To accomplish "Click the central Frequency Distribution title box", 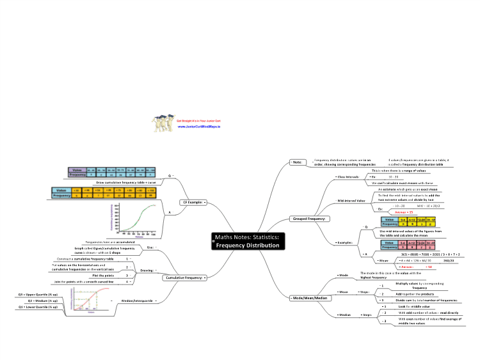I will [x=247, y=240].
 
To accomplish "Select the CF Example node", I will [x=193, y=202].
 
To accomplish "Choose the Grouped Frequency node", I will [x=310, y=219].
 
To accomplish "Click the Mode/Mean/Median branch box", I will [x=310, y=298].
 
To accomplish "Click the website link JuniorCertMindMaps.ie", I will [x=194, y=127].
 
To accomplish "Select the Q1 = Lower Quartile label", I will [x=38, y=307].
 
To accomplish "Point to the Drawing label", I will [x=147, y=270].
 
